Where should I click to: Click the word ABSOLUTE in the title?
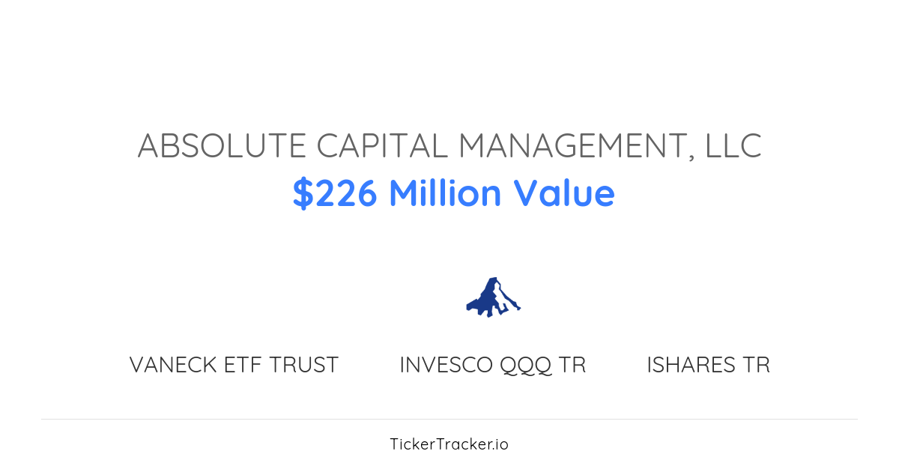(x=222, y=145)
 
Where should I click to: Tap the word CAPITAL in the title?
(x=382, y=145)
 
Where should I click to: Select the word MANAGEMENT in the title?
(x=573, y=145)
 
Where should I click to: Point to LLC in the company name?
(x=732, y=145)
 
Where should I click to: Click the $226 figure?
(x=335, y=193)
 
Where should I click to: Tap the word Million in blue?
(x=445, y=193)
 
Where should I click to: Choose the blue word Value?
(x=564, y=193)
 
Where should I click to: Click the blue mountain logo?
(x=493, y=297)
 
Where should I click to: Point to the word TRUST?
(x=303, y=365)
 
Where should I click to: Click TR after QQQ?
(x=573, y=365)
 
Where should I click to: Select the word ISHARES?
(x=691, y=365)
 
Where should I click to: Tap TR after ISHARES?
(x=757, y=365)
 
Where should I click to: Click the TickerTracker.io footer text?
(x=449, y=444)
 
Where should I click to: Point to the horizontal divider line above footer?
(x=449, y=419)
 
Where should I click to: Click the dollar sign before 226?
(x=302, y=193)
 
